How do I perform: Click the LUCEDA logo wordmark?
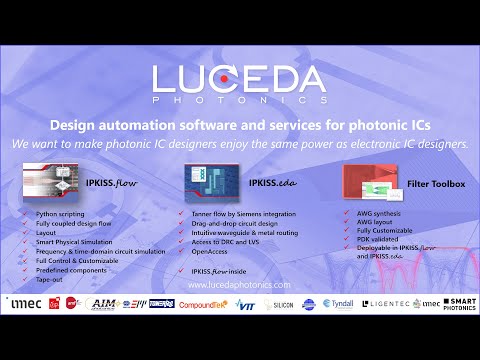point(239,80)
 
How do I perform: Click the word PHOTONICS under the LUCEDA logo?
point(239,101)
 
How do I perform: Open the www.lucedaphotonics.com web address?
point(239,285)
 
